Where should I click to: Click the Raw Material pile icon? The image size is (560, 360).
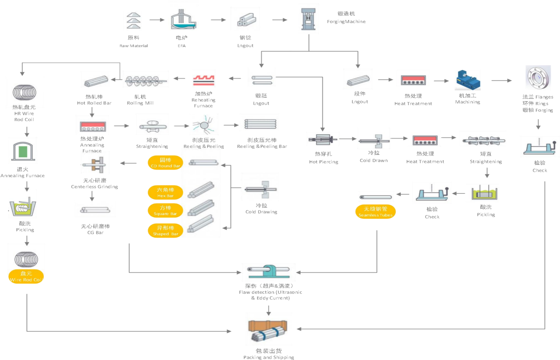(x=133, y=20)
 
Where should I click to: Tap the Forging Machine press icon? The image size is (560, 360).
(x=309, y=18)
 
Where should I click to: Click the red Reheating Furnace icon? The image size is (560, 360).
(x=203, y=78)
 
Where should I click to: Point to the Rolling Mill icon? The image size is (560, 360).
(x=145, y=79)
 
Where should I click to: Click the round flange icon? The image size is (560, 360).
(x=538, y=78)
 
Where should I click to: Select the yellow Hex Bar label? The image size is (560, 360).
(x=165, y=193)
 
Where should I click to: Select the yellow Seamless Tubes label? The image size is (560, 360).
(x=375, y=212)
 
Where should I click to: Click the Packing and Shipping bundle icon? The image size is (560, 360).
(x=268, y=329)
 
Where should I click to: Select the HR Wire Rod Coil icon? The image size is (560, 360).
(x=25, y=91)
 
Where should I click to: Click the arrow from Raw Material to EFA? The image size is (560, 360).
(x=157, y=20)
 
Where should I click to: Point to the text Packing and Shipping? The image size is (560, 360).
(x=268, y=357)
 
